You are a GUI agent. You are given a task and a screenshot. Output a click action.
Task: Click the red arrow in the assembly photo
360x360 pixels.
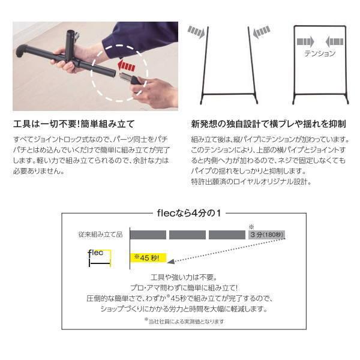pyautogui.click(x=126, y=67)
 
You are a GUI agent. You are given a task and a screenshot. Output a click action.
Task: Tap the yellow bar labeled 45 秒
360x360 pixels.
pyautogui.click(x=148, y=257)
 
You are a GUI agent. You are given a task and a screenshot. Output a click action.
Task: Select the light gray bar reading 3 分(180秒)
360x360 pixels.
pyautogui.click(x=266, y=235)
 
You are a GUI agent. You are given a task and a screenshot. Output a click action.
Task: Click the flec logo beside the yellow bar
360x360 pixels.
pyautogui.click(x=100, y=258)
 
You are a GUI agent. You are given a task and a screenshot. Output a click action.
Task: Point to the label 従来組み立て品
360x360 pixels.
pyautogui.click(x=101, y=235)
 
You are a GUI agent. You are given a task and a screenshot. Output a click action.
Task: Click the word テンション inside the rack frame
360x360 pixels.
pyautogui.click(x=320, y=53)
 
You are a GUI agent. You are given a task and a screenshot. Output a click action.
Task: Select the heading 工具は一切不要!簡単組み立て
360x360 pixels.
pyautogui.click(x=74, y=124)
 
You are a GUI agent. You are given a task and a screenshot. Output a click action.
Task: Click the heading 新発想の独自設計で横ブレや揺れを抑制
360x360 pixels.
pyautogui.click(x=268, y=124)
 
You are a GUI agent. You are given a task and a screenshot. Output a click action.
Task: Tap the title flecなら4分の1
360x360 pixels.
pyautogui.click(x=189, y=213)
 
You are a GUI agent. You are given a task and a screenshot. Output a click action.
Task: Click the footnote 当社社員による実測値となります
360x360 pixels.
pyautogui.click(x=184, y=321)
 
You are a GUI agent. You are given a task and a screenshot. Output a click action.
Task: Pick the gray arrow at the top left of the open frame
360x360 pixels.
pyautogui.click(x=196, y=32)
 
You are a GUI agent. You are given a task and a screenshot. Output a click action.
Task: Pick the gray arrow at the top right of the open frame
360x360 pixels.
pyautogui.click(x=262, y=32)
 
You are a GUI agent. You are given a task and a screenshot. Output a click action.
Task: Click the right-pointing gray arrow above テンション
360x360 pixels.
pyautogui.click(x=305, y=41)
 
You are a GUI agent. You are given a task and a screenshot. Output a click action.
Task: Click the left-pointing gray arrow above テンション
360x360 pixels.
pyautogui.click(x=334, y=41)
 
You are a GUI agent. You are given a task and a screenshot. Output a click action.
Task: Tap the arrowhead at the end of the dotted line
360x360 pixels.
pyautogui.click(x=171, y=261)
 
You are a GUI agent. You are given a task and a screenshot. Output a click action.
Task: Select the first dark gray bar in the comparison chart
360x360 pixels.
pyautogui.click(x=148, y=235)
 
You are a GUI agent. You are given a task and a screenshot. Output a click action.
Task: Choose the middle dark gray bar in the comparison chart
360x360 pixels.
pyautogui.click(x=187, y=235)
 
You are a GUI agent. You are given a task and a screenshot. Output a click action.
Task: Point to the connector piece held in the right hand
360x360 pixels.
pyautogui.click(x=130, y=79)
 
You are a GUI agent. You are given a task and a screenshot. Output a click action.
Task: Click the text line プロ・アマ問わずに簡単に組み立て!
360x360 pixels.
pyautogui.click(x=184, y=287)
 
